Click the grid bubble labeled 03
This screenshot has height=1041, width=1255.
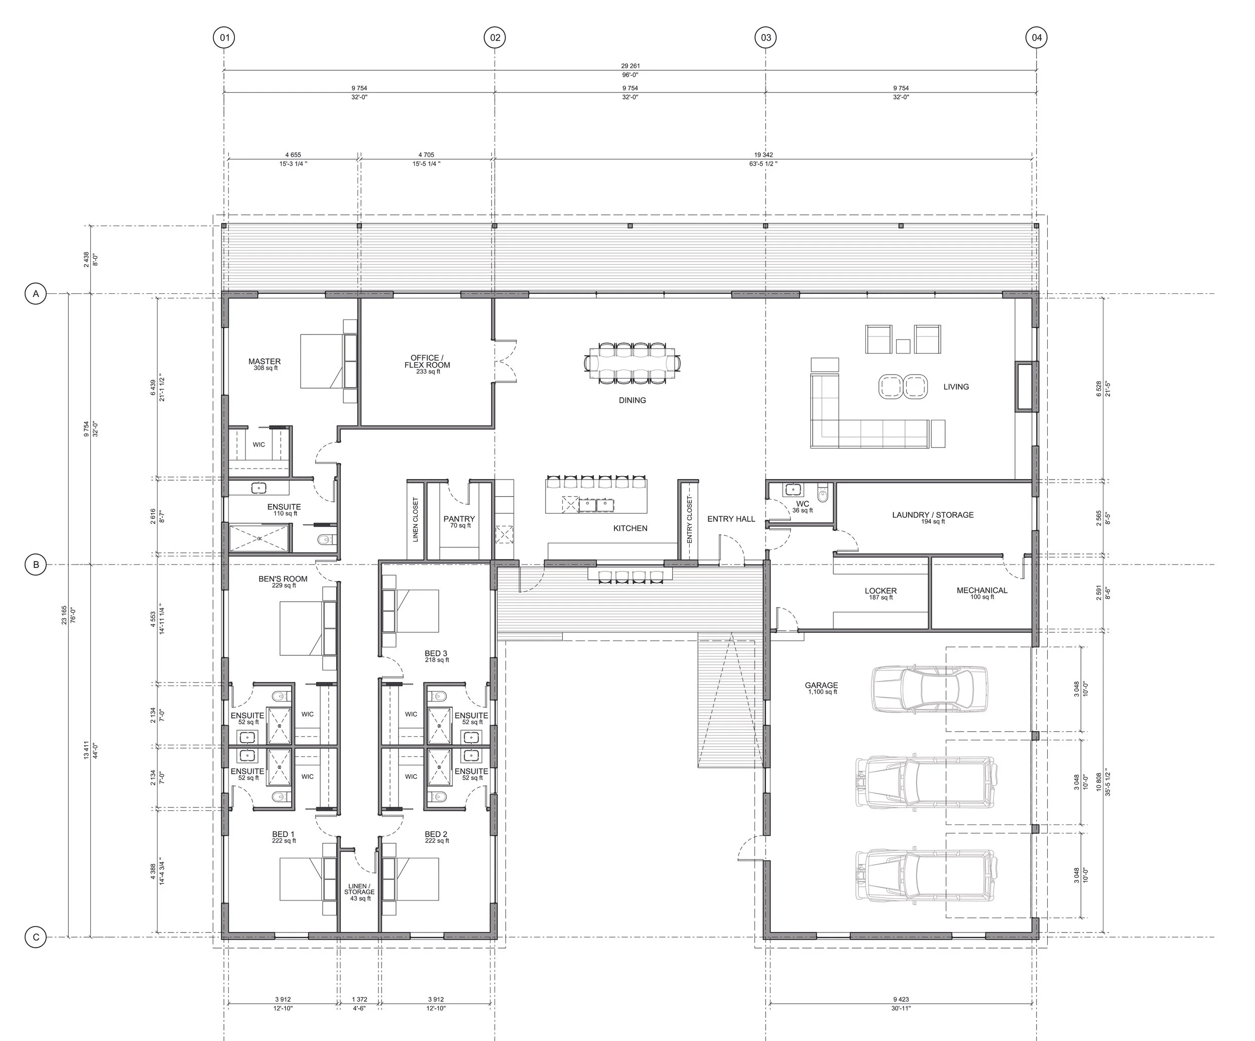(x=766, y=38)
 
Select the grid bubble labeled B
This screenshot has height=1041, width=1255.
(x=36, y=564)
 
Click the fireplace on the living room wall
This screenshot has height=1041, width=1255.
(x=1024, y=386)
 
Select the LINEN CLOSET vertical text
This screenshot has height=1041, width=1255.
(x=415, y=520)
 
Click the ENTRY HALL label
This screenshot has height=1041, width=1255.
(x=731, y=519)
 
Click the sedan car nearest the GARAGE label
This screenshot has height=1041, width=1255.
(x=929, y=689)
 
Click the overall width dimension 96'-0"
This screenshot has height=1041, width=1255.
(x=630, y=75)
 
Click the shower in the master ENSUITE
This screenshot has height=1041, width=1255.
(x=260, y=539)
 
